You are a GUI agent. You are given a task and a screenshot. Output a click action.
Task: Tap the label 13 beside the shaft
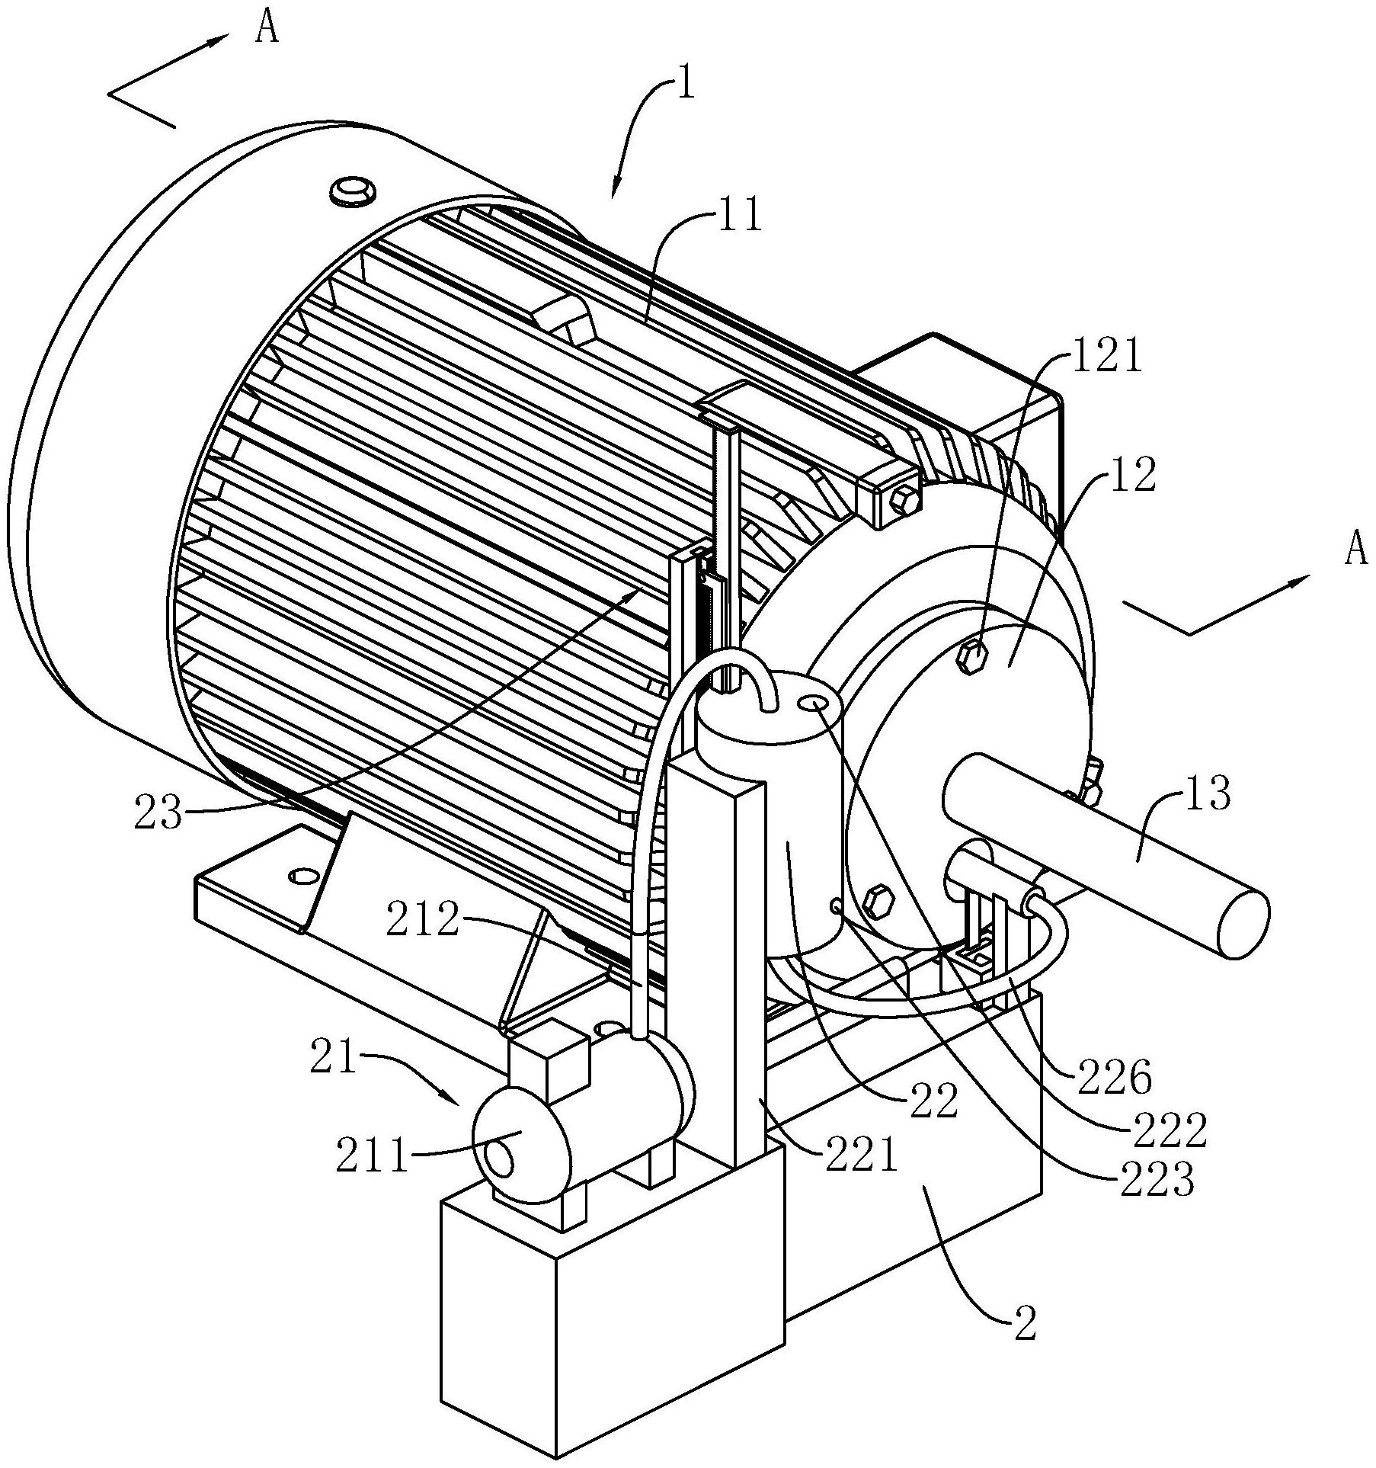tap(1206, 795)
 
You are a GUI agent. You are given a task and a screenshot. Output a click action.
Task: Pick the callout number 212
tap(423, 921)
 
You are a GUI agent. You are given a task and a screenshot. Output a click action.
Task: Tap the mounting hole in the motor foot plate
tap(302, 875)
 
